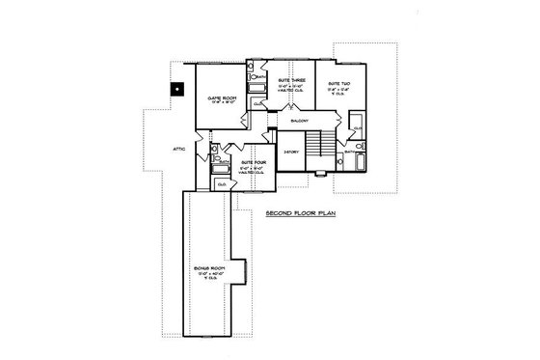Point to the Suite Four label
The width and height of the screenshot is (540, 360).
click(x=252, y=162)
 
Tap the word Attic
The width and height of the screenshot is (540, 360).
click(x=179, y=149)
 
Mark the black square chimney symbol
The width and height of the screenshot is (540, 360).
click(x=175, y=90)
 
